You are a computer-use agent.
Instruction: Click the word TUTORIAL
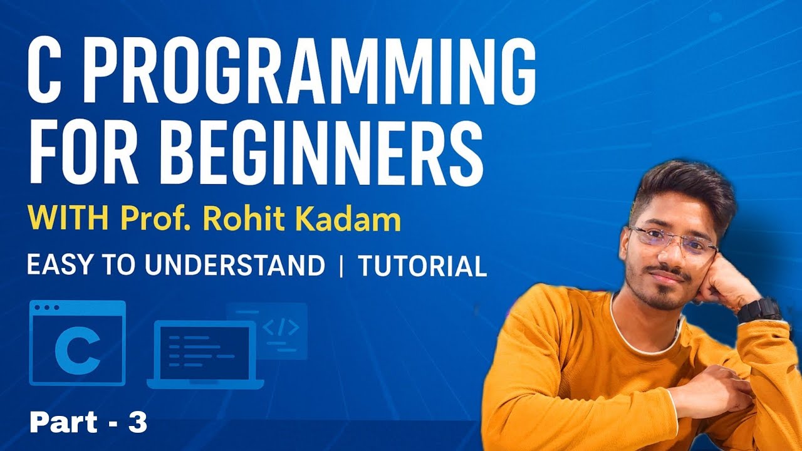click(x=422, y=266)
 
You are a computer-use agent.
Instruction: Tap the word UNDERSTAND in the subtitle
click(x=235, y=266)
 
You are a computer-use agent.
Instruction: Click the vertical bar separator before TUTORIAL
click(x=341, y=266)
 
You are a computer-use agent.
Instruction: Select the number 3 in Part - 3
click(x=137, y=424)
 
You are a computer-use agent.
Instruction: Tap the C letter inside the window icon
click(x=77, y=353)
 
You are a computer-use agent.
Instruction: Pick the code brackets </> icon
click(x=280, y=328)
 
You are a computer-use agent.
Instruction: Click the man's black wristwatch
click(x=759, y=309)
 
